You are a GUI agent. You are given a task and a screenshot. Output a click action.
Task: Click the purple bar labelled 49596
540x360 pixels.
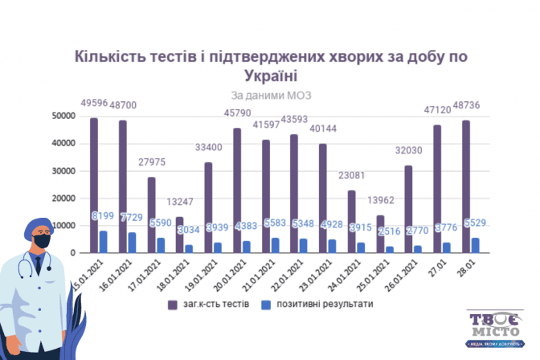(x=94, y=186)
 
